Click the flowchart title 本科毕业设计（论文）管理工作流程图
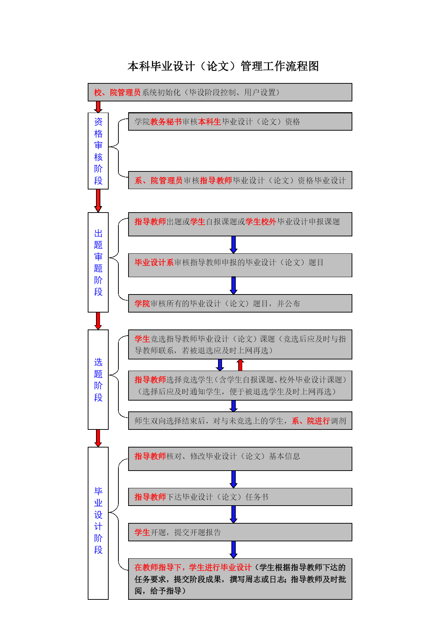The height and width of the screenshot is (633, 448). [223, 66]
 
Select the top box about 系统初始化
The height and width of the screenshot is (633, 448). [220, 92]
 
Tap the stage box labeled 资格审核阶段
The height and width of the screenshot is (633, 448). [98, 151]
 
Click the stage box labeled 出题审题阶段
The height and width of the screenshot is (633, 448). [98, 262]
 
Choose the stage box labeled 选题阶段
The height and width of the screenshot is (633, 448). [98, 380]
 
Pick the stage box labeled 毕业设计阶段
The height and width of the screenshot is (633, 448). [98, 523]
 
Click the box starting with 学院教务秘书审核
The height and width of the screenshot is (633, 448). [240, 122]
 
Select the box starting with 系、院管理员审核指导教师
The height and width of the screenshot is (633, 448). [240, 180]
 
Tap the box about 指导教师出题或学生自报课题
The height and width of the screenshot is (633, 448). [240, 224]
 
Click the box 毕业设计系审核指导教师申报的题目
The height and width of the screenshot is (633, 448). [240, 265]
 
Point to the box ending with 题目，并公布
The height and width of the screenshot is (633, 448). [240, 303]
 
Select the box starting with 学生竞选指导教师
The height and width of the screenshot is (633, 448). [240, 344]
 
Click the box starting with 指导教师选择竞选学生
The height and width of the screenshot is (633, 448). [240, 385]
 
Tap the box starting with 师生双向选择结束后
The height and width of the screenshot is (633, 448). [240, 421]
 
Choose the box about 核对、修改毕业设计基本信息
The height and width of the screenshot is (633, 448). [240, 459]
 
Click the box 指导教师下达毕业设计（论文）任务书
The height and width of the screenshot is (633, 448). [240, 497]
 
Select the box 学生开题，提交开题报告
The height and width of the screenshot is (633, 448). [240, 532]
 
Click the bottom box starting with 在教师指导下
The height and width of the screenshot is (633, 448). [240, 579]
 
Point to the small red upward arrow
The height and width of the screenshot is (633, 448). [240, 365]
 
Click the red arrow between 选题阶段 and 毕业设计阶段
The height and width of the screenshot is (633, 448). [98, 438]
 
